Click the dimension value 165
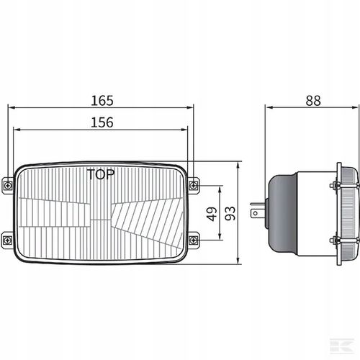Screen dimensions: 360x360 [102, 101]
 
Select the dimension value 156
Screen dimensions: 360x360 [102, 122]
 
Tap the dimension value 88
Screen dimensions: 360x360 [313, 101]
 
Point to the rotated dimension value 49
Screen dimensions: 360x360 [212, 214]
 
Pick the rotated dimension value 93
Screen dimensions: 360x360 [230, 213]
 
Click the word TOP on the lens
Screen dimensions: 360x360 [101, 174]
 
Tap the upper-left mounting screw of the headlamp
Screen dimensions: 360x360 [9, 185]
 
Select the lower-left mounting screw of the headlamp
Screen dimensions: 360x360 [9, 240]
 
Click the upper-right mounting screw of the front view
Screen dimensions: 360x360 [193, 185]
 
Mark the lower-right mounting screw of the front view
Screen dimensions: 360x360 [193, 240]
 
